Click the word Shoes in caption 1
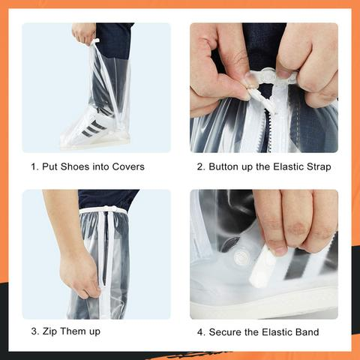tap(73, 166)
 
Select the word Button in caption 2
tap(226, 166)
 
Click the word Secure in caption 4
tap(228, 331)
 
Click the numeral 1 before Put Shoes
tap(33, 166)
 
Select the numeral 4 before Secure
tap(200, 331)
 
